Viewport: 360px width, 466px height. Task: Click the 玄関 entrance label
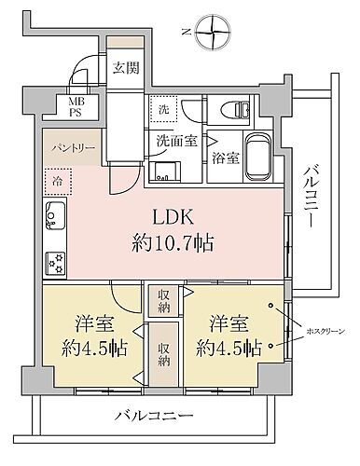click(x=125, y=67)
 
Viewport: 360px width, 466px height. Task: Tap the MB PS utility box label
click(x=75, y=106)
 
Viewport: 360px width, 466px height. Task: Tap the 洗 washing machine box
click(x=163, y=108)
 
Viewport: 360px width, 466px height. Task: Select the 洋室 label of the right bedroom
click(x=226, y=327)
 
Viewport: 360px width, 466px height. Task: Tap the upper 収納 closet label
click(x=163, y=301)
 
